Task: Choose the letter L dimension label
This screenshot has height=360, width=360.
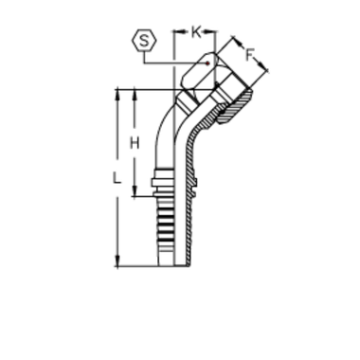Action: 117,177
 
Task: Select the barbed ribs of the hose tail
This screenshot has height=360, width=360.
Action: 170,227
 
